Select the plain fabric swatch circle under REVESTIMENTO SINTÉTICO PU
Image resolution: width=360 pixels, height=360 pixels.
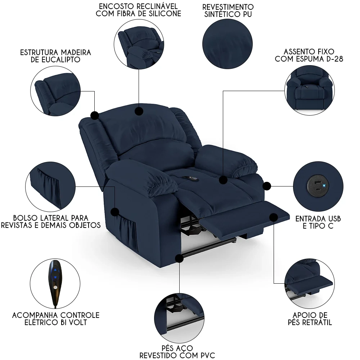click(228, 43)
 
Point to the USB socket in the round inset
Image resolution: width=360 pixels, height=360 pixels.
click(317, 186)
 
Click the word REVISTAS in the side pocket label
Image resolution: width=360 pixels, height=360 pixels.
click(16, 225)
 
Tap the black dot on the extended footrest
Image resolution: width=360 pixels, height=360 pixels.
click(273, 217)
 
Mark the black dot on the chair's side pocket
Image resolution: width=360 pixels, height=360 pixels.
click(115, 211)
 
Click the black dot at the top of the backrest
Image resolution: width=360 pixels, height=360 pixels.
click(139, 111)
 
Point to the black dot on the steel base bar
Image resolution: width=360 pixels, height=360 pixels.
click(179, 258)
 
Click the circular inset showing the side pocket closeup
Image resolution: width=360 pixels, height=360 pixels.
click(50, 186)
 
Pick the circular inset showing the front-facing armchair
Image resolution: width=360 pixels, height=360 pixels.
click(309, 91)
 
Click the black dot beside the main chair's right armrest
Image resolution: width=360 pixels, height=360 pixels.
click(267, 186)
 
